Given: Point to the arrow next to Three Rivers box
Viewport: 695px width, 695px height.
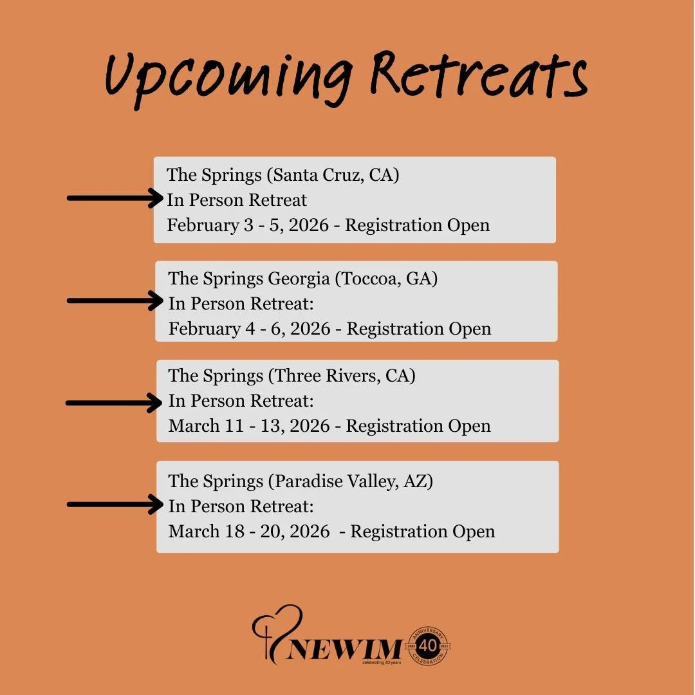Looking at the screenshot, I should click(115, 403).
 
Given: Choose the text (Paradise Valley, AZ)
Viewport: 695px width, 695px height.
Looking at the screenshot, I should click(351, 481).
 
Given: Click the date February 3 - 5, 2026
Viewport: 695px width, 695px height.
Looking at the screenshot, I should click(248, 225).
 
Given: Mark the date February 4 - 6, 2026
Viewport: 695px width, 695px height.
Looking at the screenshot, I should click(250, 329).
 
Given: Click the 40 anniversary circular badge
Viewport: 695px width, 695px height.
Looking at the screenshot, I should click(428, 645).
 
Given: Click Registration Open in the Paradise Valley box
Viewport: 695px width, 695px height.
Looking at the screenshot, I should click(423, 532).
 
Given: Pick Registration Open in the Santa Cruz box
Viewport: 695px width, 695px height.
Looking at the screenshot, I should click(418, 225).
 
